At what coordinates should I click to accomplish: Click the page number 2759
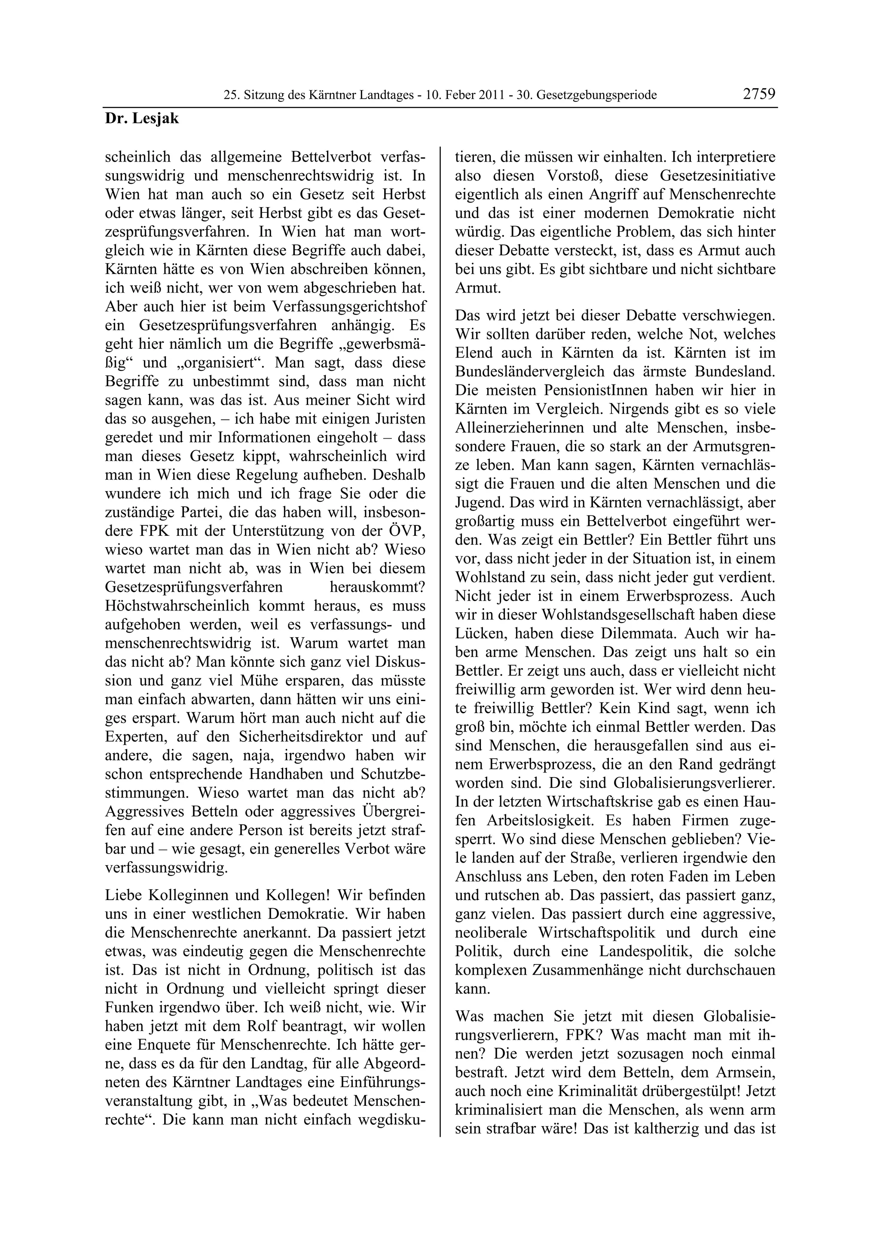[x=759, y=94]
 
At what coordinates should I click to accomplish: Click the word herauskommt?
[x=377, y=587]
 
